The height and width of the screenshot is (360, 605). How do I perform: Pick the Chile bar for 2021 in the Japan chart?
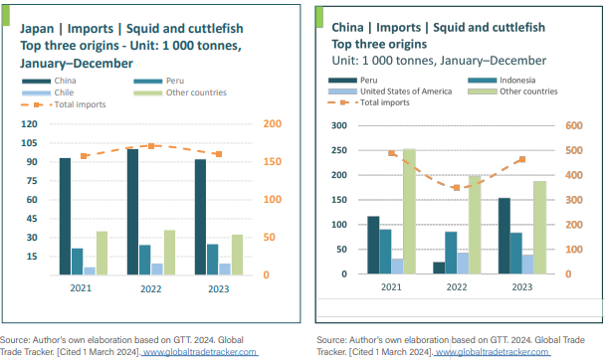[x=90, y=270]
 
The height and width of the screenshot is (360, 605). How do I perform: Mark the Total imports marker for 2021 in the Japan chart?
[x=85, y=156]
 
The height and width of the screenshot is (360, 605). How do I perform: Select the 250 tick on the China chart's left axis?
[x=339, y=151]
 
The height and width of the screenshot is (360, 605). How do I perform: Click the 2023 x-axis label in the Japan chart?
[x=214, y=288]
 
